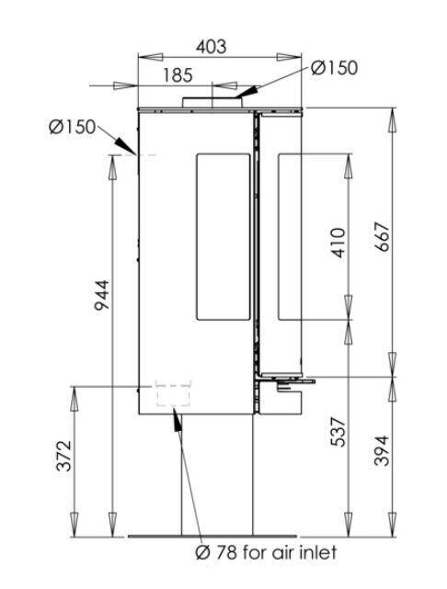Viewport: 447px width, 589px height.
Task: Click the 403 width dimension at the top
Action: click(x=210, y=45)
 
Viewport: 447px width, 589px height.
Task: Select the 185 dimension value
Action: click(x=178, y=75)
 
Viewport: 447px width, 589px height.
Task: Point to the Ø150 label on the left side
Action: click(x=72, y=127)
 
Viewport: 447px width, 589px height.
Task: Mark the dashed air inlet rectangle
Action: click(x=173, y=393)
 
